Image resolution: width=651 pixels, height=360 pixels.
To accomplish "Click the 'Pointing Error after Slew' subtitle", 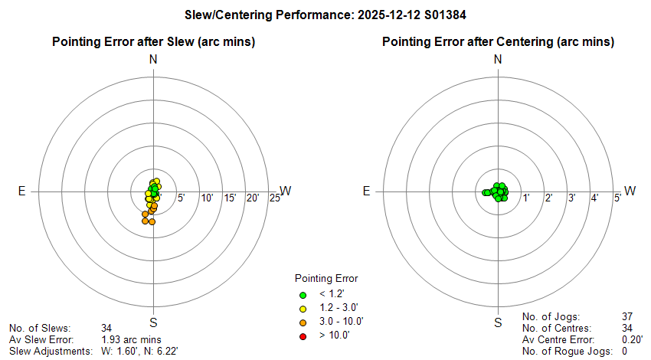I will (153, 41).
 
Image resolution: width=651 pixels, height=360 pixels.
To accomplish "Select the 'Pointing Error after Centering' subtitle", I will (498, 41).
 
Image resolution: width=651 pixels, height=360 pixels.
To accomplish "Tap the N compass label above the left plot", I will (153, 59).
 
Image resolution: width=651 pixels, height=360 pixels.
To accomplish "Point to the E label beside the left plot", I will (22, 191).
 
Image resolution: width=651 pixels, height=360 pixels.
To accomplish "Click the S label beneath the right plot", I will (498, 322).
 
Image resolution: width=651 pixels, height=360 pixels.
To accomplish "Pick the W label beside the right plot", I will (630, 191).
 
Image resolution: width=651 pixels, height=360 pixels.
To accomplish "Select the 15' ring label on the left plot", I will (230, 199).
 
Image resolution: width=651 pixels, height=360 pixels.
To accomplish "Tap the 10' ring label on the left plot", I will (207, 199).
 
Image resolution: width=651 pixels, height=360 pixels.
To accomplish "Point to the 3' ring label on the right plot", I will (571, 198).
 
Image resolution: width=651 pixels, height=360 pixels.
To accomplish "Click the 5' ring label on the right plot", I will (617, 198).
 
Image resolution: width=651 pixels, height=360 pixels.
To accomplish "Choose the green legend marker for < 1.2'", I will (303, 294).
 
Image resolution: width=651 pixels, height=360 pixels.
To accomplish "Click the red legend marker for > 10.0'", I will (303, 335).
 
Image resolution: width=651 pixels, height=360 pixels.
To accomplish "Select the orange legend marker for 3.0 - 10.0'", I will (303, 321).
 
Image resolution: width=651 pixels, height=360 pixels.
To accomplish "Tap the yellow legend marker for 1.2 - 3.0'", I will (303, 308).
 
